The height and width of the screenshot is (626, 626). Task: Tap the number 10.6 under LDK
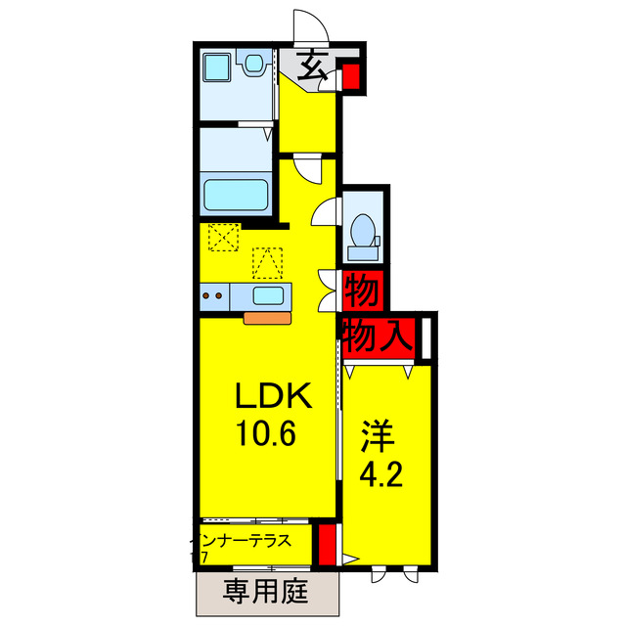[263, 431]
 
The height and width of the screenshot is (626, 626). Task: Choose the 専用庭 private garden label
[265, 590]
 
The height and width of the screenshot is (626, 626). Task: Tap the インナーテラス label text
[243, 539]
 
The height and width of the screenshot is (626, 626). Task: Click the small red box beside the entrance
[351, 77]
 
